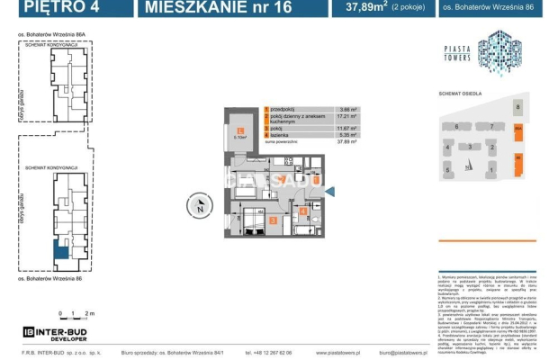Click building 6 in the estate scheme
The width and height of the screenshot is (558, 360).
[457, 127]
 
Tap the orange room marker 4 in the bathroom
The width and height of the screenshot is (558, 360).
[304, 213]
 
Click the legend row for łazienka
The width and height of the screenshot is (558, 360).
[288, 136]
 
